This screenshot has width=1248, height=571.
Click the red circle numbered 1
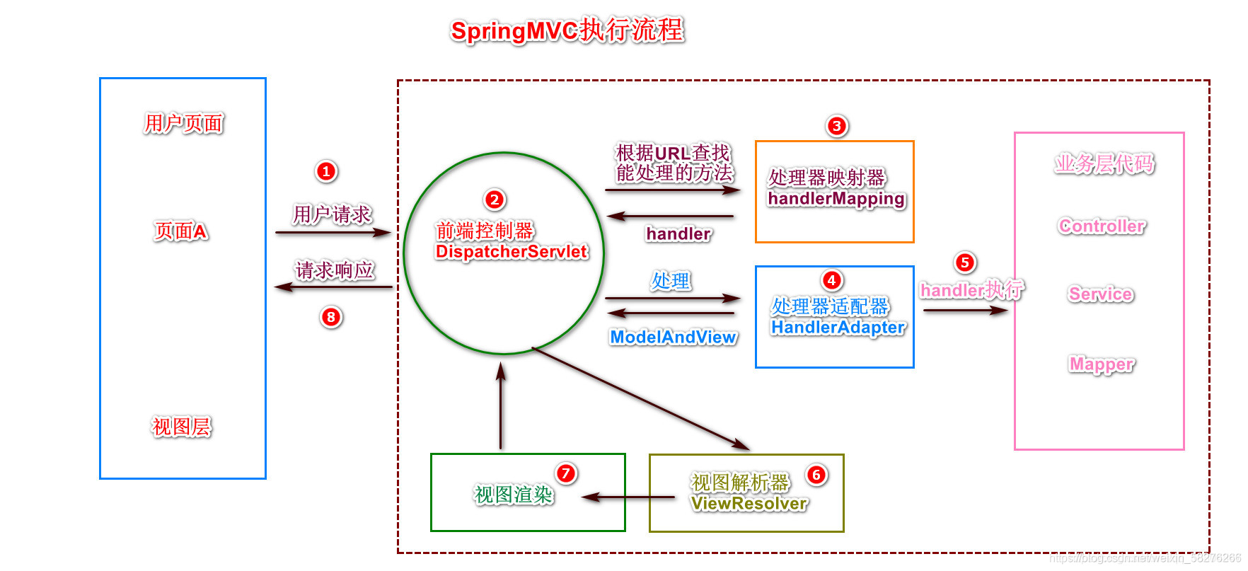(326, 171)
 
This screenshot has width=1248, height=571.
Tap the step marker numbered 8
(331, 317)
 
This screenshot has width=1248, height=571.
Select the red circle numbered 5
(965, 263)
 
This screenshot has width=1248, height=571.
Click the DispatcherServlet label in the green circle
(512, 252)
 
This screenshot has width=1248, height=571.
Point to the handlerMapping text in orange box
(836, 199)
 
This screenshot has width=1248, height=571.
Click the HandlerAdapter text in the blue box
(838, 327)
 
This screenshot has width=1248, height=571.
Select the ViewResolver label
(749, 503)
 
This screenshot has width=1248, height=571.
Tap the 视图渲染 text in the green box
(514, 495)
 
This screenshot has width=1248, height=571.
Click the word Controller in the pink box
(1102, 226)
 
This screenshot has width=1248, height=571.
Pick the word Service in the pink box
(1101, 294)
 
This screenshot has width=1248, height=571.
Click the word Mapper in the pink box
(1101, 364)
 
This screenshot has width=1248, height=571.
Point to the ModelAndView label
(674, 338)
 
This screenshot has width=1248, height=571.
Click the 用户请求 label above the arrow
(332, 214)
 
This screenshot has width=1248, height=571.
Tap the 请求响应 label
(335, 270)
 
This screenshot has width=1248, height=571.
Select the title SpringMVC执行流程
(567, 30)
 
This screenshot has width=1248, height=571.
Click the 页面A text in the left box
(181, 231)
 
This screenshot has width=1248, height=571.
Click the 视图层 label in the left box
(181, 427)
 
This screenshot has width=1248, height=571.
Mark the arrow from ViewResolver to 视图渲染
(628, 497)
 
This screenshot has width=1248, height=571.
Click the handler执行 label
(971, 289)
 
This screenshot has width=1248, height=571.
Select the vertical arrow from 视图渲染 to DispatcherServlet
(501, 407)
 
